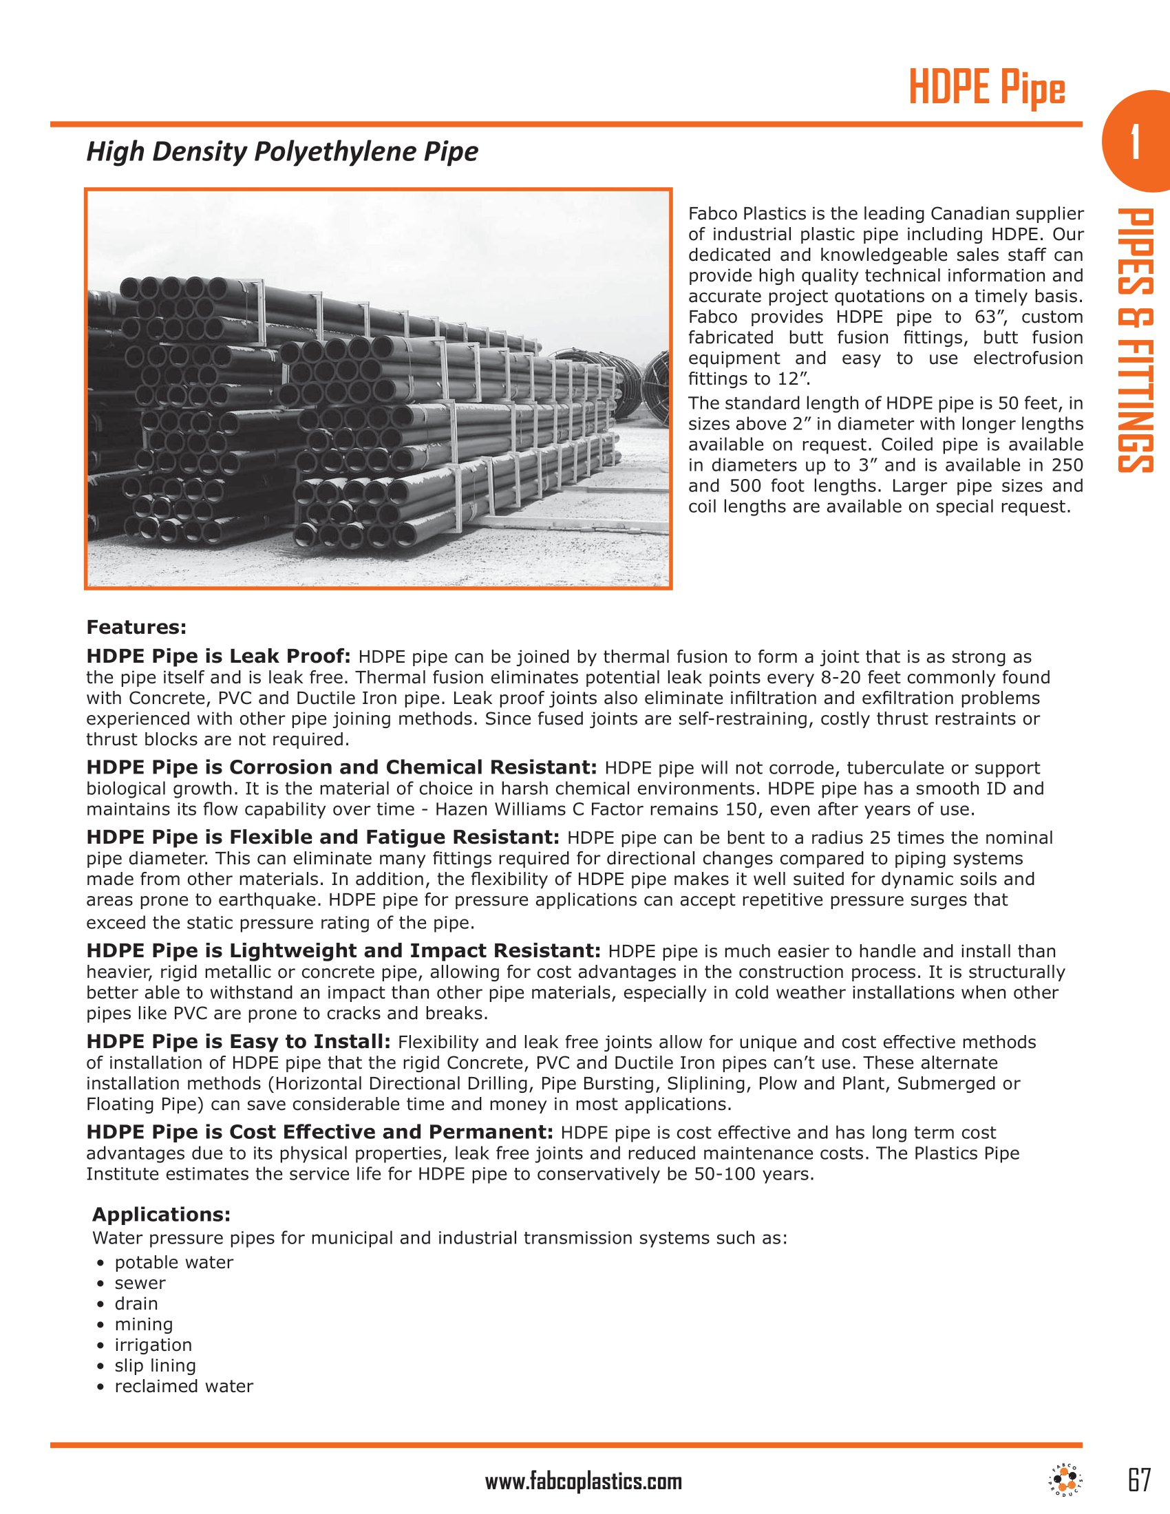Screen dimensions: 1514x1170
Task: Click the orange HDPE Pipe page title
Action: click(x=986, y=90)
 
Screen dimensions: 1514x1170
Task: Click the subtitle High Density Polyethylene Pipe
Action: click(x=282, y=152)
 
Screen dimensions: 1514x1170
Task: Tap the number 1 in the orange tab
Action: click(x=1135, y=142)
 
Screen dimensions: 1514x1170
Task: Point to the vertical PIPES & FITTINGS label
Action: click(x=1135, y=341)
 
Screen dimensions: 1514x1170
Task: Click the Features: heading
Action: click(x=136, y=628)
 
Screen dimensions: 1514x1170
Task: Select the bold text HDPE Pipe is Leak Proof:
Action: click(x=219, y=656)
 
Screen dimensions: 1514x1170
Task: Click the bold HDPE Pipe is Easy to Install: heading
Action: click(x=239, y=1041)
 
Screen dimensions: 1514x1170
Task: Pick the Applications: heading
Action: click(x=161, y=1214)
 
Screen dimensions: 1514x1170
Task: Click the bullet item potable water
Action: click(x=174, y=1261)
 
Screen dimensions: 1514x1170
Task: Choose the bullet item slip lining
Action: click(x=156, y=1365)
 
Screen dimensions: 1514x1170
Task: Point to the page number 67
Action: click(x=1139, y=1481)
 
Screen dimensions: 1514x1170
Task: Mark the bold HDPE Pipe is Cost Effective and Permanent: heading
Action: click(x=319, y=1132)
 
